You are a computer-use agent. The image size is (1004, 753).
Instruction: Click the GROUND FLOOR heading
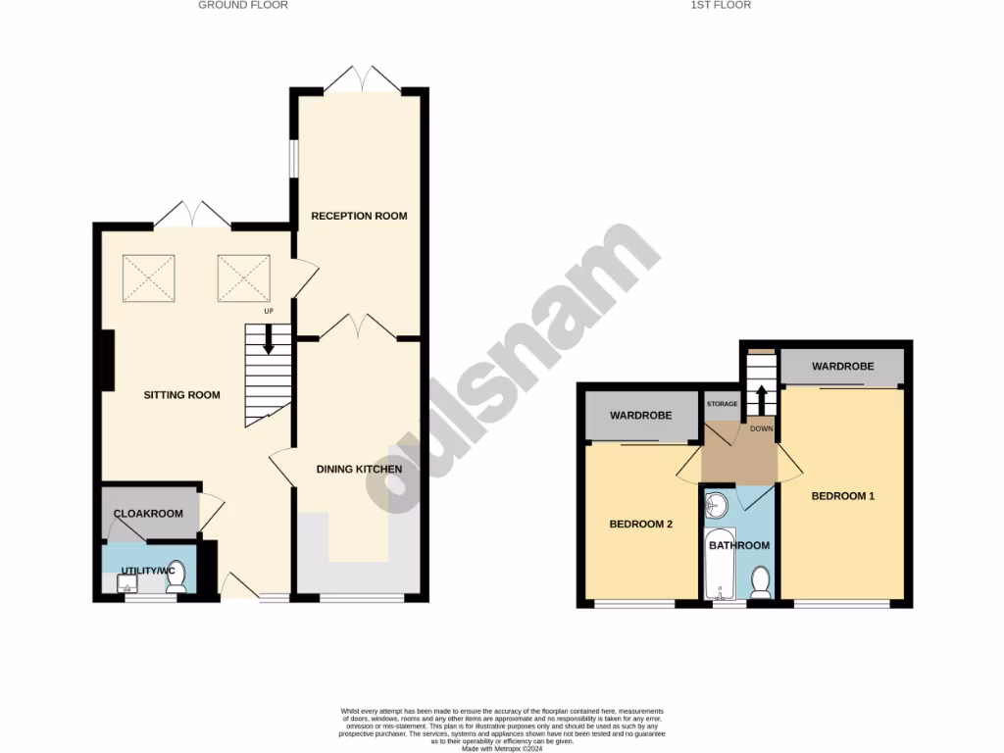(243, 5)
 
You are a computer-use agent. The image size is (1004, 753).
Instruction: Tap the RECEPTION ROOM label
(359, 216)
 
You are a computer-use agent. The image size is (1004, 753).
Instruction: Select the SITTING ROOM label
(181, 395)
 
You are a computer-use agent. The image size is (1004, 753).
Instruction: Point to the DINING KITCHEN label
(359, 470)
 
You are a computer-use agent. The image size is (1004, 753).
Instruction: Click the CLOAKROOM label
(148, 514)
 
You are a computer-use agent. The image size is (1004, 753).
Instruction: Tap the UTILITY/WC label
(147, 571)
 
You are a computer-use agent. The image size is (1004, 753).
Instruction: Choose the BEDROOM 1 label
(842, 496)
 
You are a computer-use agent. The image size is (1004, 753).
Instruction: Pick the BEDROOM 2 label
(640, 524)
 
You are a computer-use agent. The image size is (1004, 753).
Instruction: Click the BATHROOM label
(739, 545)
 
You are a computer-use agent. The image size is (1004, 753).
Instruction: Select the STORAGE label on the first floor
(722, 404)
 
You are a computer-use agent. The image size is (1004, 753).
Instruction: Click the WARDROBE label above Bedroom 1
(842, 367)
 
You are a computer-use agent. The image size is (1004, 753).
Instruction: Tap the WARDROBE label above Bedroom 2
(640, 416)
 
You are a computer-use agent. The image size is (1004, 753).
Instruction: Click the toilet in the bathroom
(759, 581)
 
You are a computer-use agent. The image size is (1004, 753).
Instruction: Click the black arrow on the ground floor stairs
(268, 339)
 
